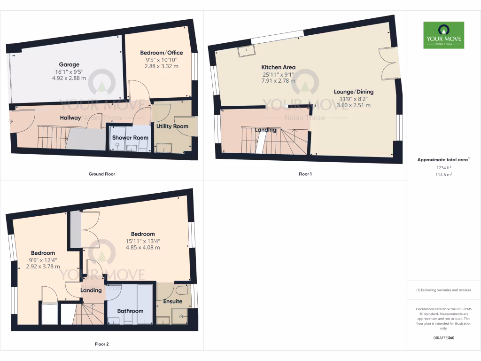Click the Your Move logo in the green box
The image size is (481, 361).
point(443,35)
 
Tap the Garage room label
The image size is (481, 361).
point(69,64)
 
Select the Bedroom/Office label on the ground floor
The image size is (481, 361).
point(162,53)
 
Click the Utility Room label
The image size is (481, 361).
point(172,126)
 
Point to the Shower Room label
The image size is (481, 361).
point(130,138)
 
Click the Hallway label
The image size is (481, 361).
point(70,118)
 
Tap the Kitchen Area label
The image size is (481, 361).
point(279,67)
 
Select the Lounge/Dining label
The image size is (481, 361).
point(354,92)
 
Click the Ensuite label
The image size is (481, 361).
point(172,301)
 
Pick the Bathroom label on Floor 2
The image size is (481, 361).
point(130,311)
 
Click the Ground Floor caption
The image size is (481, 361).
point(102,174)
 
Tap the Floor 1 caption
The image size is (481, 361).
point(305,174)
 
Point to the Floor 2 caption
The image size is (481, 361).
point(102,344)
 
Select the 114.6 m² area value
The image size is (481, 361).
point(443,174)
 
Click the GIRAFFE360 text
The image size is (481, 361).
point(443,338)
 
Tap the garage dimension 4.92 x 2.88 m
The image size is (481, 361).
point(69,78)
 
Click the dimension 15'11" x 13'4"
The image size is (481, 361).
point(143,241)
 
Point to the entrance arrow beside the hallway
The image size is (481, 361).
point(10,122)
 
